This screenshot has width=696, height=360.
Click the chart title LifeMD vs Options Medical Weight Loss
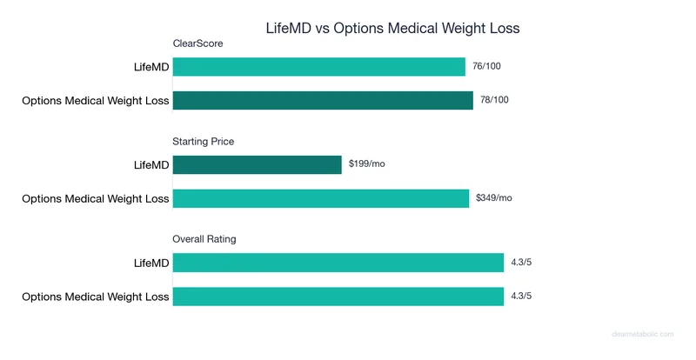[392, 28]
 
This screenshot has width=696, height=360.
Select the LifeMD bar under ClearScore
[319, 67]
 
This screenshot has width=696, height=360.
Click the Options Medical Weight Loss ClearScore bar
[323, 100]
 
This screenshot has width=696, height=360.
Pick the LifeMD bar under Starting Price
[258, 164]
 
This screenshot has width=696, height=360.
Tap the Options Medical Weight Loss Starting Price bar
[321, 198]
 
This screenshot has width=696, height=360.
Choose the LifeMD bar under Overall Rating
[338, 263]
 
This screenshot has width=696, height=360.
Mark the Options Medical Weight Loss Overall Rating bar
[338, 297]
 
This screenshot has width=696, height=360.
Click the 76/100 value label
[486, 67]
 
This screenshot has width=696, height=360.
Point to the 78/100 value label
[494, 100]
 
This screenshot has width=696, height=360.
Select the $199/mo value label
[366, 164]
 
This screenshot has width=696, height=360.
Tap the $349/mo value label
[494, 198]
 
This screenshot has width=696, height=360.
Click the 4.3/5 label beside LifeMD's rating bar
[521, 263]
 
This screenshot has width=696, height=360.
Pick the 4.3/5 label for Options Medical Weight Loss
[521, 297]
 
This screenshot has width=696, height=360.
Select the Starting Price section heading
[204, 141]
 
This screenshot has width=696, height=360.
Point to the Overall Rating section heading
[204, 239]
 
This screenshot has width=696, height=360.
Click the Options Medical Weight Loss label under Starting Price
[96, 198]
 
